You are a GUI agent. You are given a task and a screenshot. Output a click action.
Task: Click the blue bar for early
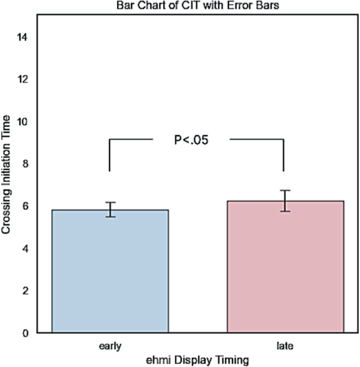(110, 271)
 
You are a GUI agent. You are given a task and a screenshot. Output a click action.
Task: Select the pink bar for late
(284, 266)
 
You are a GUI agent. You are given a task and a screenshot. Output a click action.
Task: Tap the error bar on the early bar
(110, 209)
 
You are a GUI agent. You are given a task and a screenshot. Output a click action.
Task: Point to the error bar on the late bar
(284, 200)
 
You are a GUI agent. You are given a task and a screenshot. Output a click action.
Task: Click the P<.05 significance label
(192, 140)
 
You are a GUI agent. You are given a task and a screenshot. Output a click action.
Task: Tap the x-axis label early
(110, 346)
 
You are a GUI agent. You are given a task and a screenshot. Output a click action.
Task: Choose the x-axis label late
(285, 346)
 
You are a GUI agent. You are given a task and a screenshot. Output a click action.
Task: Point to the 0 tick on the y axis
(25, 333)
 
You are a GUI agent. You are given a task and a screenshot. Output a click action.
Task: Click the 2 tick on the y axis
(25, 290)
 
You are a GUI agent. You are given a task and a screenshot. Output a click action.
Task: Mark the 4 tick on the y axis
(25, 248)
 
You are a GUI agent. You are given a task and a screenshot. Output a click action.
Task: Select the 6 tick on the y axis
(25, 206)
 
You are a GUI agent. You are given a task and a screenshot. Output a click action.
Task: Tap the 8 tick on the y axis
(25, 164)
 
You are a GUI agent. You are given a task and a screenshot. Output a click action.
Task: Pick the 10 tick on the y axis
(23, 122)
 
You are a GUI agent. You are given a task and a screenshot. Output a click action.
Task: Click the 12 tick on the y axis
(23, 79)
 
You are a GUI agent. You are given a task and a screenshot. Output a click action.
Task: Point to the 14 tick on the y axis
(23, 37)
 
